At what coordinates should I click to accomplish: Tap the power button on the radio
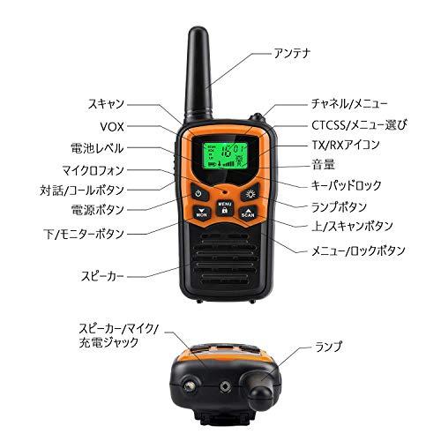coord(200,194)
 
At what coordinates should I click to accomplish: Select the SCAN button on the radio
coord(248,212)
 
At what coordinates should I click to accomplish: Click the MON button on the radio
coord(202,212)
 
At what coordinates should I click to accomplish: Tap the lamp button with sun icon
coord(250,194)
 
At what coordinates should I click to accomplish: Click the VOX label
coord(111,125)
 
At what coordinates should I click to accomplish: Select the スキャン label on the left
coord(106,103)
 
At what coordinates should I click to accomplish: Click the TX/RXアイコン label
coord(325,144)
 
